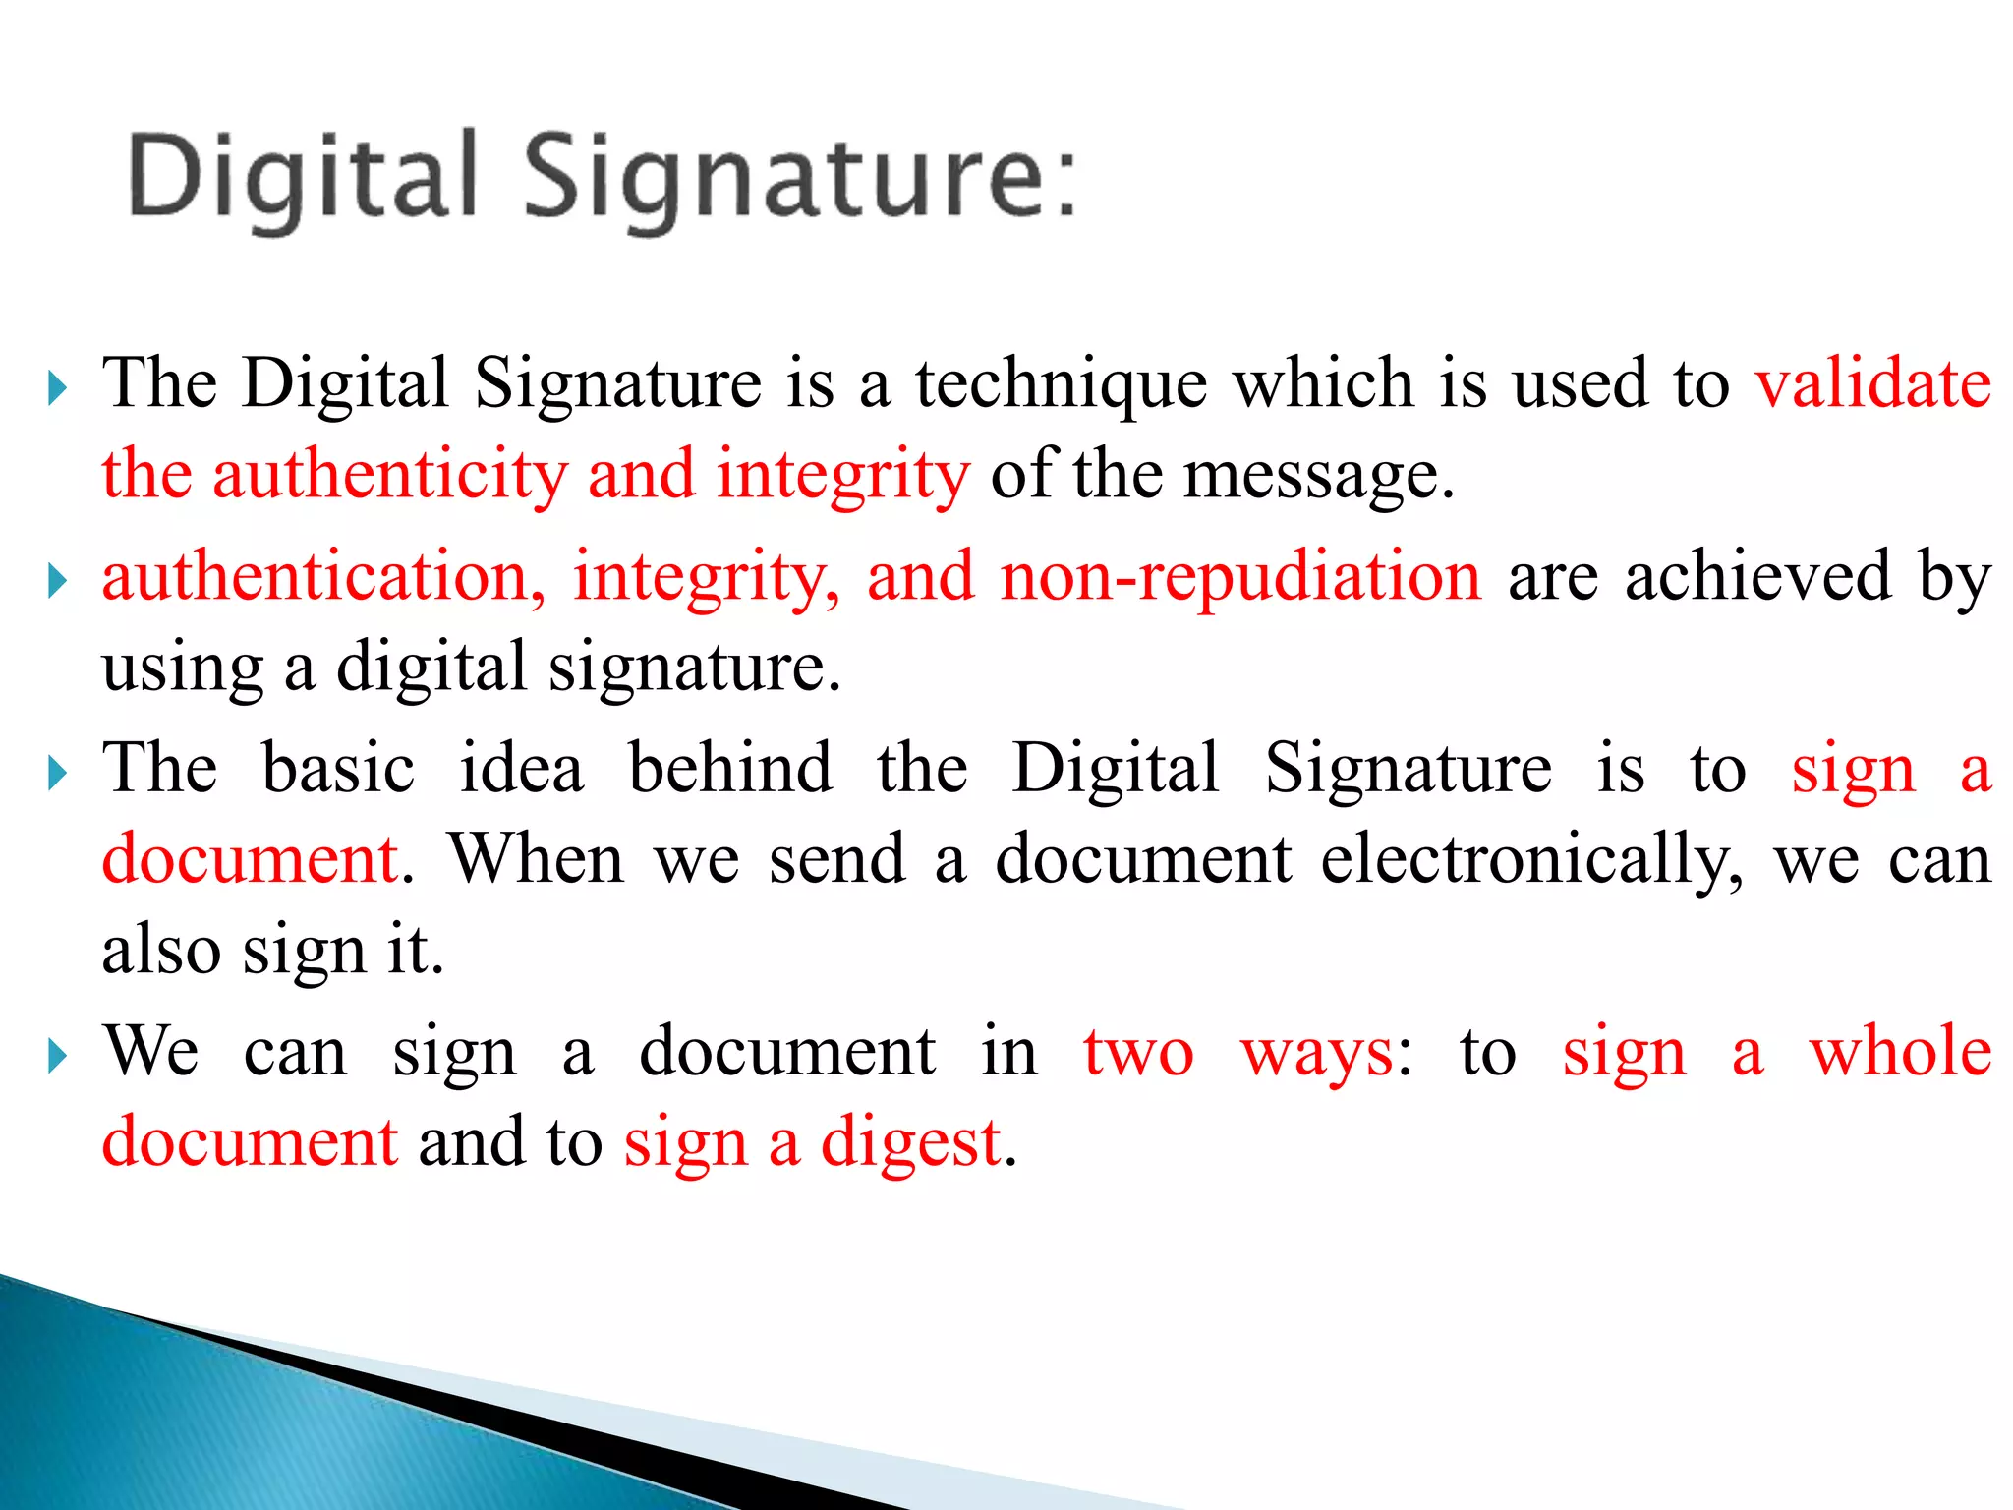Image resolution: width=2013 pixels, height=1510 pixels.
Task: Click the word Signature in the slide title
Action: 787,178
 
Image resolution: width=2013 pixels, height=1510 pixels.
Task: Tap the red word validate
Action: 1873,382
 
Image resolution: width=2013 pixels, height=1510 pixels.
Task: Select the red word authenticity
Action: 390,474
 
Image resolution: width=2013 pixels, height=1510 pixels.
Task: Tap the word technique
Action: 1062,384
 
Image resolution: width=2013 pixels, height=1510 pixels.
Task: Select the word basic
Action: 339,768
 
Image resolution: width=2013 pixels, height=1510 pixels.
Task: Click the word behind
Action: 730,768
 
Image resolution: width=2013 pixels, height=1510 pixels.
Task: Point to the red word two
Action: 1138,1052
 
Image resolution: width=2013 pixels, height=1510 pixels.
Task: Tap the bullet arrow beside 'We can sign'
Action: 57,1058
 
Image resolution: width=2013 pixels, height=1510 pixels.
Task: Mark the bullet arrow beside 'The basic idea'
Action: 57,775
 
